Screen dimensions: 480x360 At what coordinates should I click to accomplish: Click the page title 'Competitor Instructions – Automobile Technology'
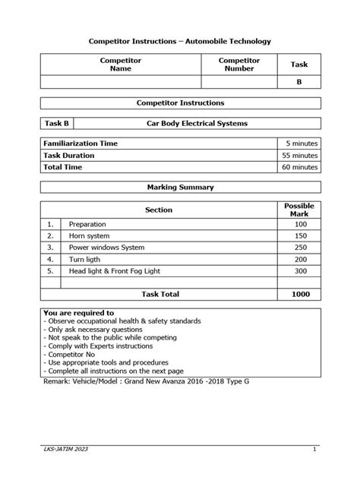[180, 40]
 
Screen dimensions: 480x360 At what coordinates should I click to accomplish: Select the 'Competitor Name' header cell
[121, 65]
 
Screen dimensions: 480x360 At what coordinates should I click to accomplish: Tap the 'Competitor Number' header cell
[240, 65]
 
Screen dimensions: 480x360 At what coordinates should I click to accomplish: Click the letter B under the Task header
[299, 84]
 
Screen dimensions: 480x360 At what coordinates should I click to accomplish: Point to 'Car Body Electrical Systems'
[197, 122]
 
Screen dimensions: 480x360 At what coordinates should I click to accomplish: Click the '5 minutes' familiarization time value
[302, 143]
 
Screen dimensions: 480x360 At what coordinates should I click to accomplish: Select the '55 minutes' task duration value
[299, 155]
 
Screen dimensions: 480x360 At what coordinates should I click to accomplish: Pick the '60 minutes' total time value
[299, 167]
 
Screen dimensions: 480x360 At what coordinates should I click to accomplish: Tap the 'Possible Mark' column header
[298, 210]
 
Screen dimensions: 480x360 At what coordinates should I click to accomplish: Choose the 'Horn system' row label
[90, 236]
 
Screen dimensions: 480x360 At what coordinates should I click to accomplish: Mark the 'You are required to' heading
[79, 313]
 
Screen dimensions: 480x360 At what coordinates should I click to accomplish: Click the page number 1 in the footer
[314, 450]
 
